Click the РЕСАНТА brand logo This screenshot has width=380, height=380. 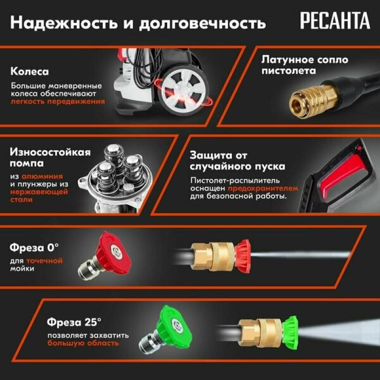point(335,21)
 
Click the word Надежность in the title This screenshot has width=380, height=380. point(64,23)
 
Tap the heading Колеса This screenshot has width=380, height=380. point(29,72)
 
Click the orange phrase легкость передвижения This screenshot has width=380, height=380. point(57,101)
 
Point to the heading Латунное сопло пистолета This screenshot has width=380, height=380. point(304,65)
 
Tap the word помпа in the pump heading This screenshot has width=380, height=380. point(27,163)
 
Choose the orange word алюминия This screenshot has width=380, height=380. point(42,176)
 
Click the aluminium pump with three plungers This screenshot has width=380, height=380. point(115,178)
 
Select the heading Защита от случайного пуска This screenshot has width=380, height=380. point(237,161)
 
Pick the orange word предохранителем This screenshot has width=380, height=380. point(263,188)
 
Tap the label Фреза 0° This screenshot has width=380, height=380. point(34,247)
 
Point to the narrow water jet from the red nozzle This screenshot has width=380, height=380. point(301,255)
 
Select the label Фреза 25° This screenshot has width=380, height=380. point(74,323)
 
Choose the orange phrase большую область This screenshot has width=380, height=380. point(83,343)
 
